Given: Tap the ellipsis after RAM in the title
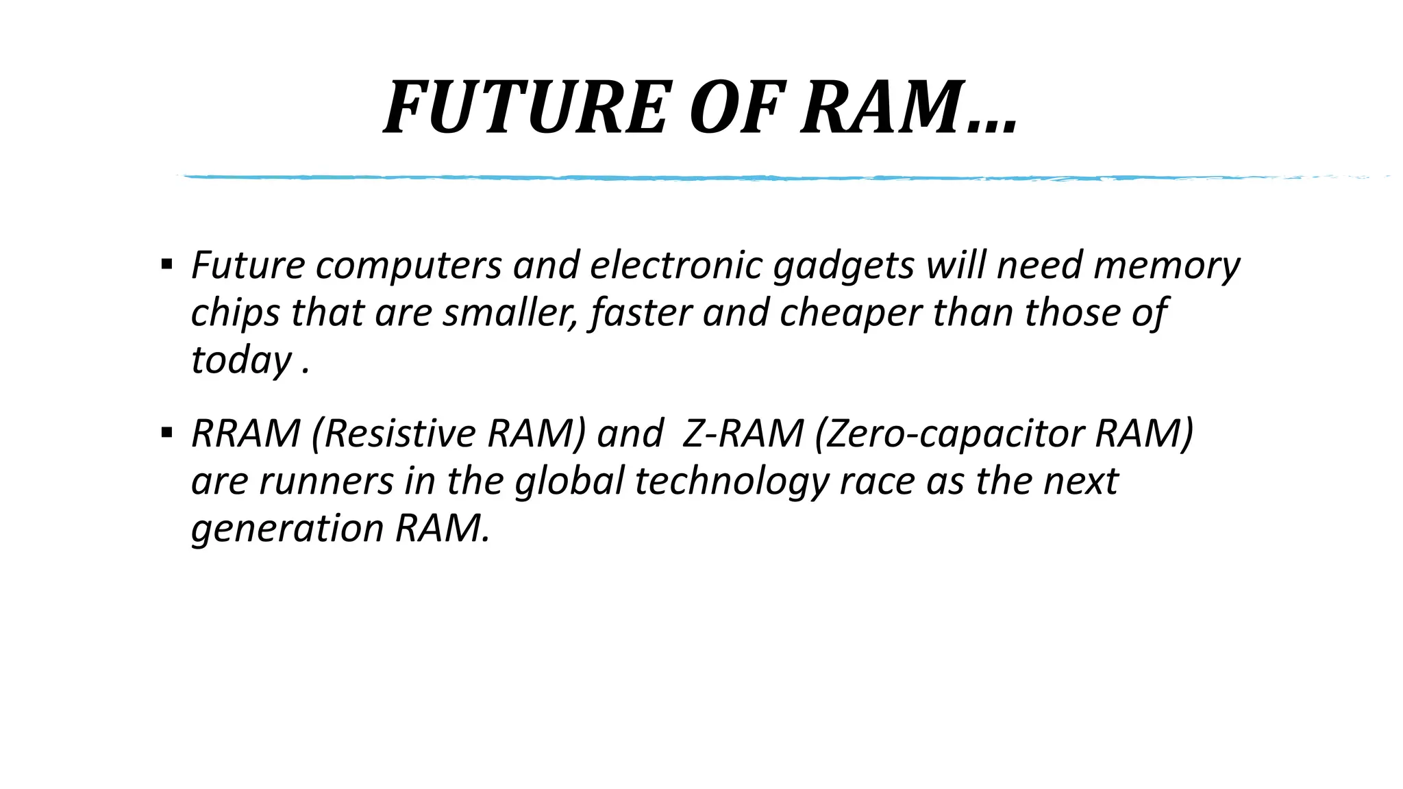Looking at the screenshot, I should coord(993,127).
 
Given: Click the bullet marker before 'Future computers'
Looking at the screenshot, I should coord(166,264).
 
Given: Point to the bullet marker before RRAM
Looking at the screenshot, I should coord(166,432).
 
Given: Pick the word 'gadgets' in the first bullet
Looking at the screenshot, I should coord(843,266).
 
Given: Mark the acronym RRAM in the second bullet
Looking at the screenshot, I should coord(245,434).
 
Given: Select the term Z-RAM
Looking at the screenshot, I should coord(743,434).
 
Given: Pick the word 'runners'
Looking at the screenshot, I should coord(326,481).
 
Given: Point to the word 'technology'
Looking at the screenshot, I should coord(732,481).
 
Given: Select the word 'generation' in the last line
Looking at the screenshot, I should coord(287,529).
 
